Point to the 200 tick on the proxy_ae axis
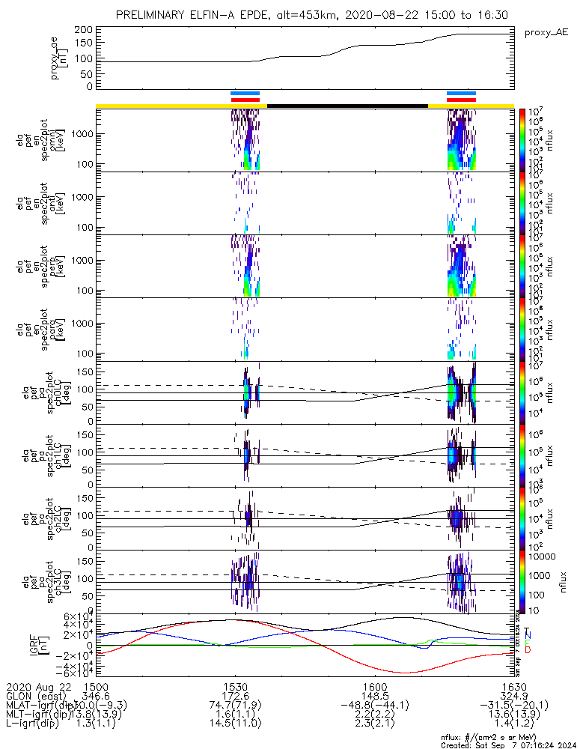coord(84,29)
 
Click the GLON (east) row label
coord(37,697)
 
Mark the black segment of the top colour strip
coord(347,106)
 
